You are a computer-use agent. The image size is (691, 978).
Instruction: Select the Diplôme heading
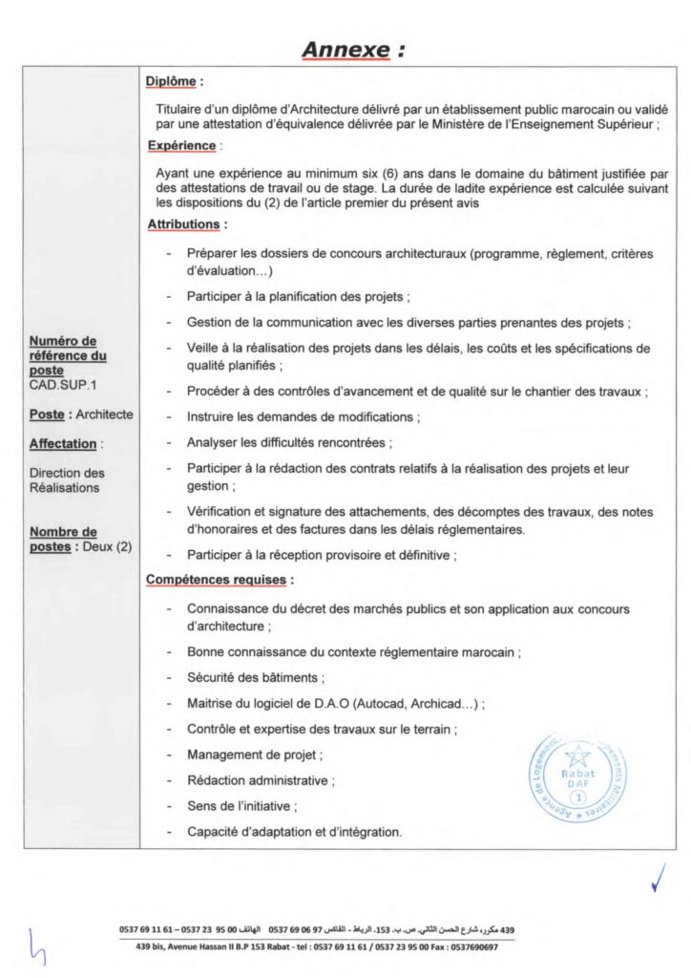coord(175,83)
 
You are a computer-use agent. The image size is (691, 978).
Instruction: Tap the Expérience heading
coord(181,146)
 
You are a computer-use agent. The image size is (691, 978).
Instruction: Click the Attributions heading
coord(186,224)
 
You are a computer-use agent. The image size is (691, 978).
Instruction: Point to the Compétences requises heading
coord(219,580)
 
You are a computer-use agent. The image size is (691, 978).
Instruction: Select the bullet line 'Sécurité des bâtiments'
coord(256,678)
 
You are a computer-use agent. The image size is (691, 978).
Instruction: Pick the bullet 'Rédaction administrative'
coord(260,780)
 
